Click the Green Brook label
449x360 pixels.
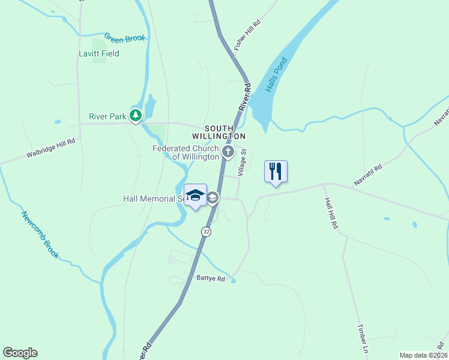pos(125,38)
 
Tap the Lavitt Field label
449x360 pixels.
pos(99,53)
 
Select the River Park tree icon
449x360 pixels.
pos(136,115)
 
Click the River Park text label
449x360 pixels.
pos(107,116)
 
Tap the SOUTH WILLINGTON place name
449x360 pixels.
pos(225,132)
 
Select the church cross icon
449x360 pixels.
pos(228,152)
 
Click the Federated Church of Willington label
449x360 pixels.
pos(185,152)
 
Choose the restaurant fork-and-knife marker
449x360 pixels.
pos(276,171)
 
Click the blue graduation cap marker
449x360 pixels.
pos(195,196)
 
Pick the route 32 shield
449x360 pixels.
pos(206,232)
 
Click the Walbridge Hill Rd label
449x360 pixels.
pos(50,149)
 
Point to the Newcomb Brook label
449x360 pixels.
pos(40,235)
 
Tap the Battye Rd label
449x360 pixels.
pos(211,278)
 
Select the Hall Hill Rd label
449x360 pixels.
pos(331,214)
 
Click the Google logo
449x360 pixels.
pos(20,353)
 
